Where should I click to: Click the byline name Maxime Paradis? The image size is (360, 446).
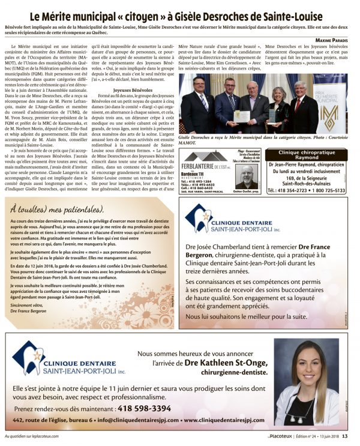coord(331,40)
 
